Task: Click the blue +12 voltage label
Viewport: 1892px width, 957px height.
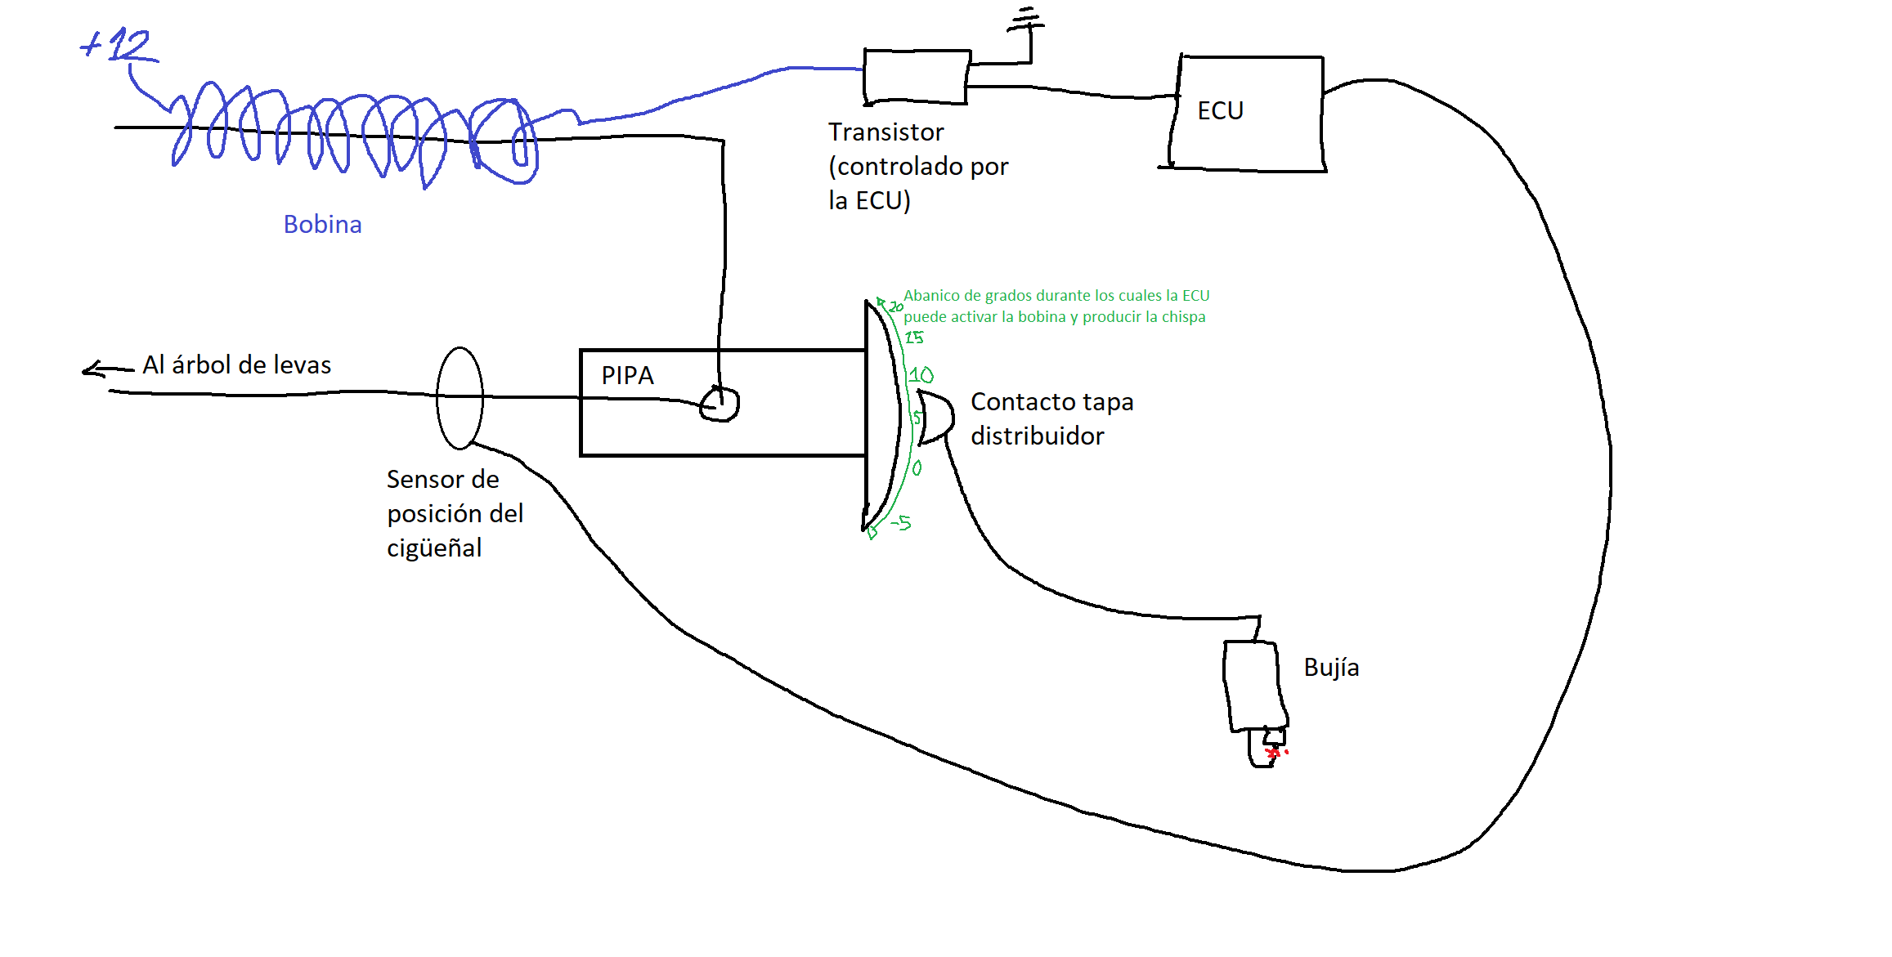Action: pos(119,45)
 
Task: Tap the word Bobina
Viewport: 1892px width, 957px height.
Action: pos(322,225)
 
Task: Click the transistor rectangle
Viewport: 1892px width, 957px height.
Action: pos(917,77)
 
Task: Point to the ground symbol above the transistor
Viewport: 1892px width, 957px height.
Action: pos(1025,20)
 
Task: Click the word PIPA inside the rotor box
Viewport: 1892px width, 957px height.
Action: pos(627,376)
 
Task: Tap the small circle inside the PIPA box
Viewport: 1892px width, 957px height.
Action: pos(720,405)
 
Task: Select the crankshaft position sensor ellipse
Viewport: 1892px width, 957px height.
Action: pos(460,398)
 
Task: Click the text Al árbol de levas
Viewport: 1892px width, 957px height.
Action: pos(237,365)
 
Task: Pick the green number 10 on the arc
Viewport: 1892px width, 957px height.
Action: pos(921,375)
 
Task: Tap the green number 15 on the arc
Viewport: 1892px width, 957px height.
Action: pos(914,338)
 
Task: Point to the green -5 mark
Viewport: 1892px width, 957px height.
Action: pos(901,522)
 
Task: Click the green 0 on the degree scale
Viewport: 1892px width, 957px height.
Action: pos(917,468)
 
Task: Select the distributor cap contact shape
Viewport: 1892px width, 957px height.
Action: pos(935,418)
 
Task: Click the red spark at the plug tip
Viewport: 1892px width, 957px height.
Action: pos(1274,753)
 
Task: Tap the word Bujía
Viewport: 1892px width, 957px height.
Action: pos(1331,668)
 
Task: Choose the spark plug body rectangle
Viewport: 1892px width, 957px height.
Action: pos(1253,685)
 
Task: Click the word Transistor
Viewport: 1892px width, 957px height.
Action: pos(885,132)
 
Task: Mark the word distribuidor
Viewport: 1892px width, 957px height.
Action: pos(1037,436)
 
